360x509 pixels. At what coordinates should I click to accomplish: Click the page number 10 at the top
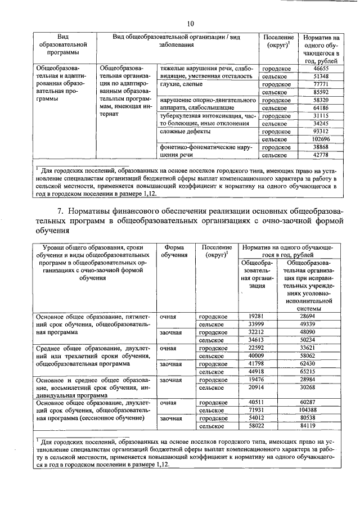190,24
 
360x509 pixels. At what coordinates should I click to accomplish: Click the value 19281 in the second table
256,317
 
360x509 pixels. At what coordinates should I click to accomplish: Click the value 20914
256,388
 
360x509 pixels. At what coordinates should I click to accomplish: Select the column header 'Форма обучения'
174,251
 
